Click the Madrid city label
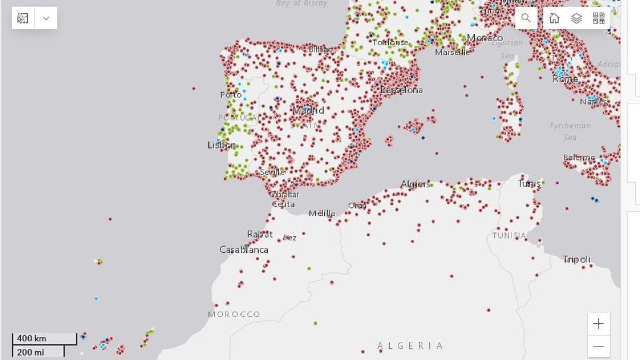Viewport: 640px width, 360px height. [x=308, y=110]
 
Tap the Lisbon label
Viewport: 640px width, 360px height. [x=221, y=145]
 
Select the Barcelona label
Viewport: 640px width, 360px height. [x=402, y=90]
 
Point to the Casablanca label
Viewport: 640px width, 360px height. [x=244, y=250]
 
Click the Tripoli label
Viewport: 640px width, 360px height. [x=577, y=259]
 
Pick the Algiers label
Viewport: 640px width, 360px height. [x=415, y=185]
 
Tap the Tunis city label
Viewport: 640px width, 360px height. [x=529, y=183]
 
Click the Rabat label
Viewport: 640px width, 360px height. [x=260, y=234]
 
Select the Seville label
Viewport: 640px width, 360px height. [x=273, y=172]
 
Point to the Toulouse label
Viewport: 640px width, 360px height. [x=390, y=42]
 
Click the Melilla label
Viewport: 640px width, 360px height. [x=322, y=213]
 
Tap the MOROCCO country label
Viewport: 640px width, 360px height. [x=234, y=314]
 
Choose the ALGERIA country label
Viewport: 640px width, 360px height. [x=410, y=346]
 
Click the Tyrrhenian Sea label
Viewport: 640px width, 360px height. [x=570, y=131]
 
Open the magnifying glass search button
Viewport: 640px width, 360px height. [x=526, y=18]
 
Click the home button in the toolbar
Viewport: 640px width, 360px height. [x=554, y=18]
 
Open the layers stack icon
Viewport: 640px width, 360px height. [x=576, y=18]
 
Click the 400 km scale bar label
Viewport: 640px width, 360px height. [x=31, y=338]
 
